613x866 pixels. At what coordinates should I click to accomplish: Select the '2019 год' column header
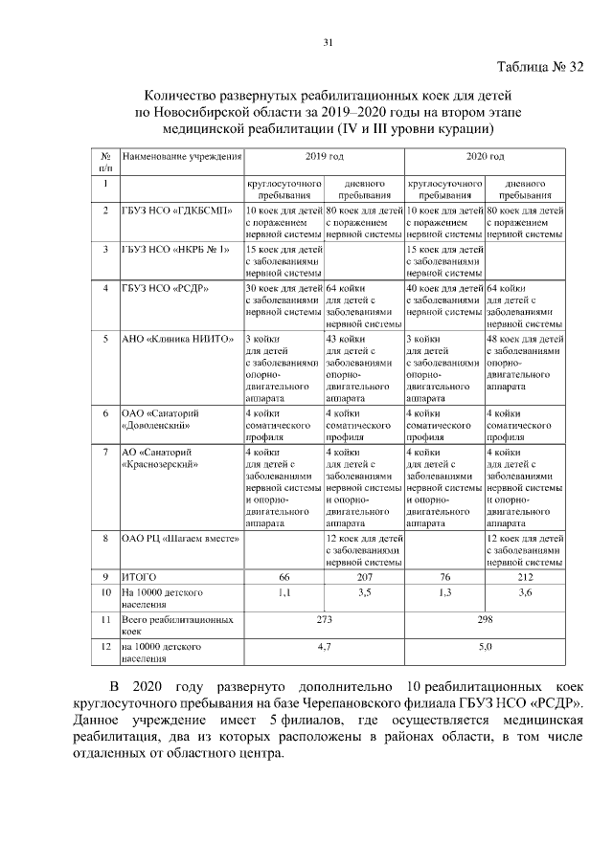click(x=324, y=156)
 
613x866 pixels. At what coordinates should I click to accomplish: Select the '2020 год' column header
click(x=485, y=156)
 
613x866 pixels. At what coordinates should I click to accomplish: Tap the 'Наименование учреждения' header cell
click(x=181, y=156)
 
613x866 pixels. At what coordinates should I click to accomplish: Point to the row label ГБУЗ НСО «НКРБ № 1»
click(x=174, y=250)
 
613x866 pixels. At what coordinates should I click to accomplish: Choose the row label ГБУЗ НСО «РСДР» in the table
click(x=165, y=288)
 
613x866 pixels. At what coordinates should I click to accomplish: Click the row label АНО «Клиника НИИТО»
click(x=175, y=339)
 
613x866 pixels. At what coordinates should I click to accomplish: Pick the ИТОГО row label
click(x=138, y=578)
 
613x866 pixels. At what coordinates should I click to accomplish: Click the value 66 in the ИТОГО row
click(x=284, y=578)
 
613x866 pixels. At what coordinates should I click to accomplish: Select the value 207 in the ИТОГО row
click(x=364, y=578)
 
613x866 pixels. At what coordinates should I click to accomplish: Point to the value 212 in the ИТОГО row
click(x=525, y=578)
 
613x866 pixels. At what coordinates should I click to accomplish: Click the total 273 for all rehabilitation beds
click(x=324, y=620)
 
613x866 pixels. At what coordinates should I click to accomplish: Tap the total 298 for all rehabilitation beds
click(x=485, y=620)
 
